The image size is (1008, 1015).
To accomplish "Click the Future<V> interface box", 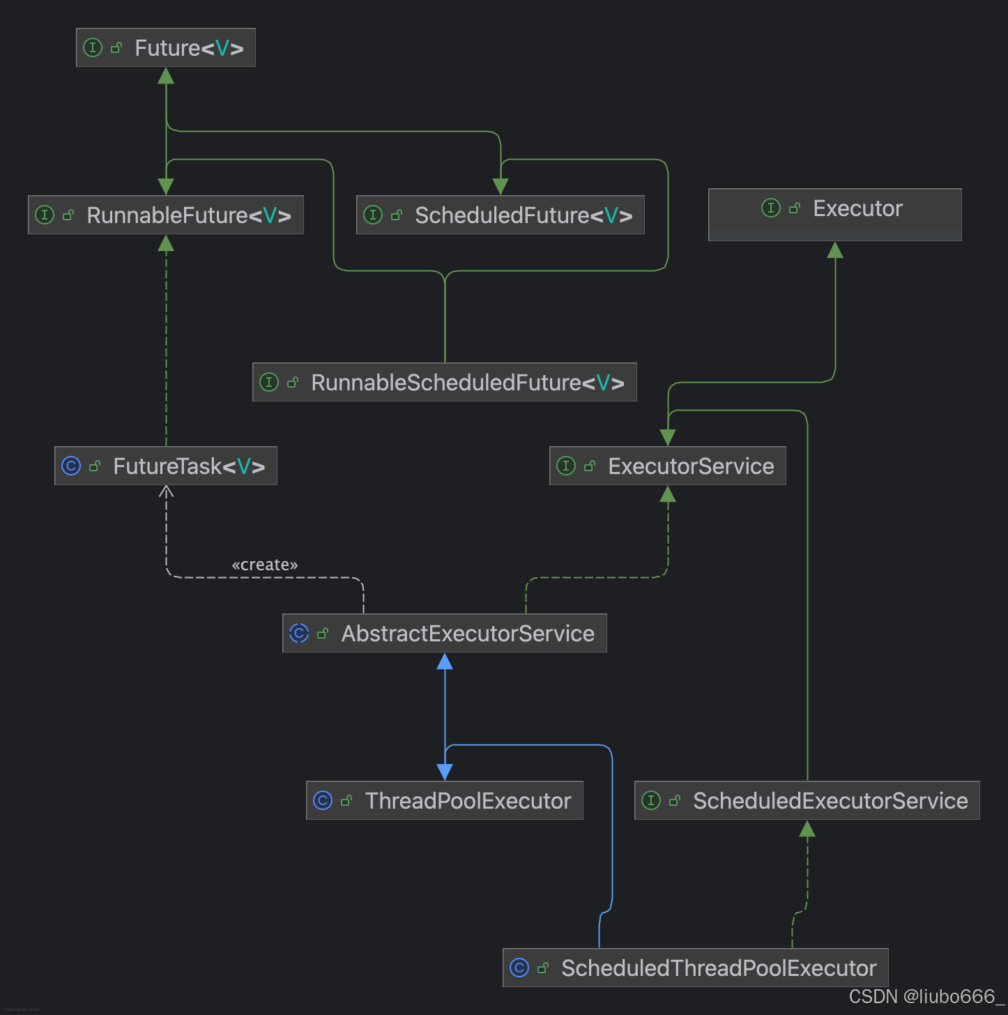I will pyautogui.click(x=166, y=47).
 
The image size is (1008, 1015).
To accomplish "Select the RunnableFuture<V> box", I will pyautogui.click(x=166, y=215).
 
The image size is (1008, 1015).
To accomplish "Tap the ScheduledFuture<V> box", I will pyautogui.click(x=501, y=215).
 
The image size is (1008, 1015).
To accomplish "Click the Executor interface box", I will pyautogui.click(x=834, y=214).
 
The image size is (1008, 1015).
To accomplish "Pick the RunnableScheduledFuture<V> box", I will pyautogui.click(x=445, y=382).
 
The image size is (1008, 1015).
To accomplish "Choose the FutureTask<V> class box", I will pyautogui.click(x=166, y=466).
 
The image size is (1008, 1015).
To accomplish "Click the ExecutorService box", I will pyautogui.click(x=668, y=466).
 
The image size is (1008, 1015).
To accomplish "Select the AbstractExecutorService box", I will pyautogui.click(x=445, y=633).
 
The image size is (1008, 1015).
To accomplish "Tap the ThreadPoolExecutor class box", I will pyautogui.click(x=445, y=800).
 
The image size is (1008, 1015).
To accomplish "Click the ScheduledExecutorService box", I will pyautogui.click(x=807, y=800).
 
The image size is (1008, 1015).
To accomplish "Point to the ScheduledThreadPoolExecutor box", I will pyautogui.click(x=696, y=968).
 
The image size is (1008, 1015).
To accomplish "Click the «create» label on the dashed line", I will pyautogui.click(x=265, y=565).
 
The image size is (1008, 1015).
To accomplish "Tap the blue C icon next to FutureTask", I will pyautogui.click(x=71, y=466).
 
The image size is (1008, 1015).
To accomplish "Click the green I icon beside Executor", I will pyautogui.click(x=771, y=208).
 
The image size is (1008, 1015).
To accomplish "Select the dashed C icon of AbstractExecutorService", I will pyautogui.click(x=299, y=633).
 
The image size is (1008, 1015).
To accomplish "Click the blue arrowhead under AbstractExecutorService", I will pyautogui.click(x=445, y=662).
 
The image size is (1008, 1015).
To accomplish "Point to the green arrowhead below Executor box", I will pyautogui.click(x=835, y=250).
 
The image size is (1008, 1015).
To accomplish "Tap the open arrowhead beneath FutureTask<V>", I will pyautogui.click(x=166, y=491).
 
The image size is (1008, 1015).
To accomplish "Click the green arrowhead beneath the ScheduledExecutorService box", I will pyautogui.click(x=807, y=829).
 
